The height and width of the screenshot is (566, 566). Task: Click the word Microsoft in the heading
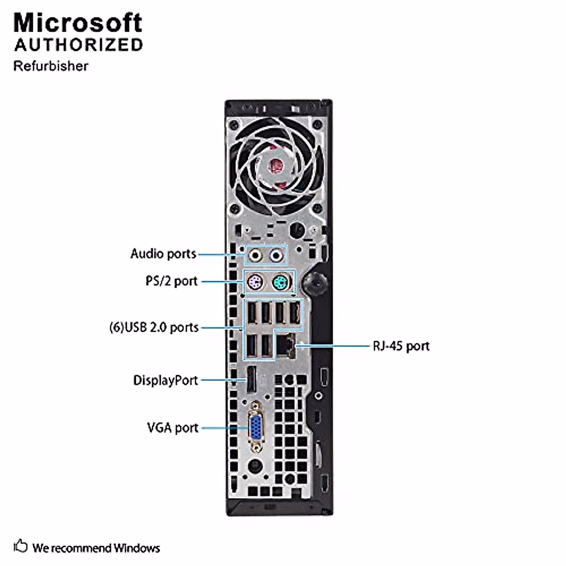(78, 23)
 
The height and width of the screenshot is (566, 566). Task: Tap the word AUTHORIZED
(78, 45)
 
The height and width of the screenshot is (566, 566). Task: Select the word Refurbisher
(50, 66)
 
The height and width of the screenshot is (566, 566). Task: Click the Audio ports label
(163, 254)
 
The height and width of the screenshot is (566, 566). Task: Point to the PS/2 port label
(171, 281)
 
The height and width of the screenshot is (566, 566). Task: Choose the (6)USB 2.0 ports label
(154, 327)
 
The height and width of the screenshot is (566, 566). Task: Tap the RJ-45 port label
(401, 346)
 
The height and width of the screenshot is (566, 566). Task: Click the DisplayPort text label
(166, 380)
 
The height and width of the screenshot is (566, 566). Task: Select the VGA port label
(173, 428)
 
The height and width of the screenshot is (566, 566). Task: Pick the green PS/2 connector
(282, 283)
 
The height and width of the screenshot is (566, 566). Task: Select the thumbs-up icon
(21, 547)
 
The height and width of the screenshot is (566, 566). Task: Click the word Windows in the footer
(137, 548)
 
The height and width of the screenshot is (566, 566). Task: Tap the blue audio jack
(276, 256)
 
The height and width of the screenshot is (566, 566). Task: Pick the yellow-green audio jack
(255, 256)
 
